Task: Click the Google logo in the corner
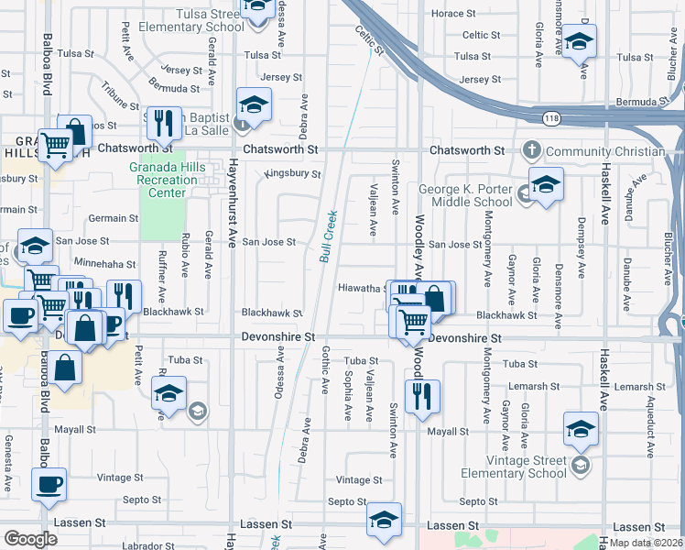tap(30, 539)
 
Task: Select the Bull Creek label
tap(329, 234)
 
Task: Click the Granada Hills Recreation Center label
tap(163, 180)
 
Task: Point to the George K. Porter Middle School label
tap(465, 195)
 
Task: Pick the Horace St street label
tap(454, 14)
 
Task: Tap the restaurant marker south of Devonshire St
tap(421, 396)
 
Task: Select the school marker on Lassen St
tap(385, 519)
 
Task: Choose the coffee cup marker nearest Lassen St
tap(49, 484)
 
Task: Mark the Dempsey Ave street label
tap(581, 247)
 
